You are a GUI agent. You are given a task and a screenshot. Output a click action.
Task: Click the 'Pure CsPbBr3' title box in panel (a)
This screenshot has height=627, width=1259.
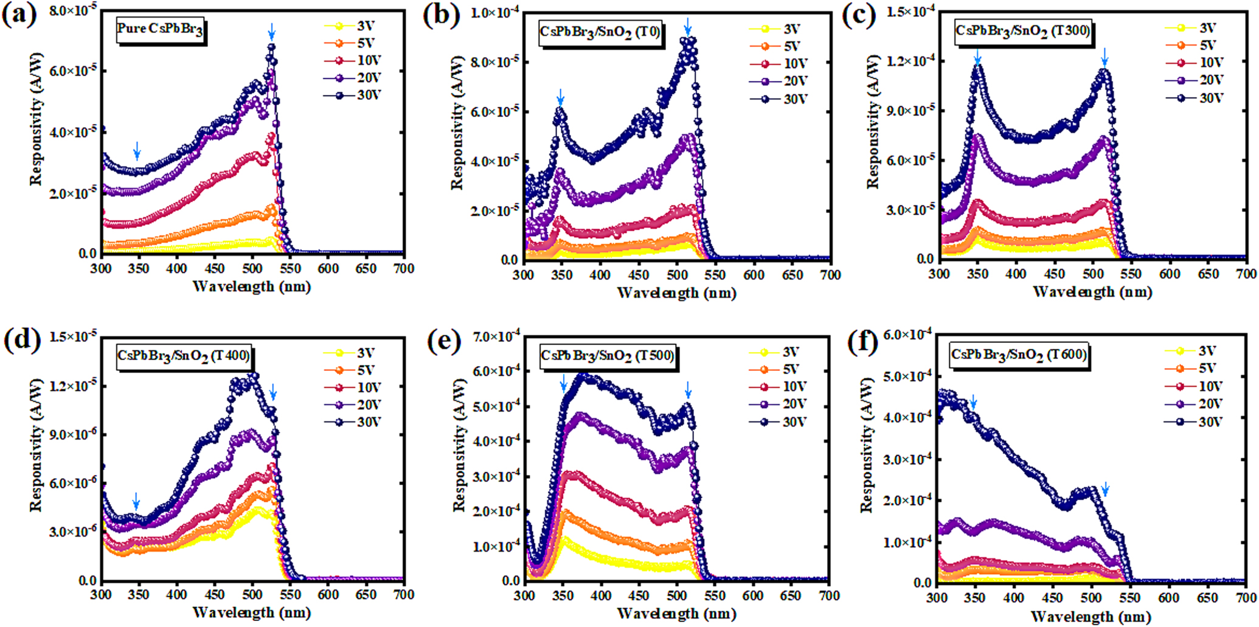coord(160,29)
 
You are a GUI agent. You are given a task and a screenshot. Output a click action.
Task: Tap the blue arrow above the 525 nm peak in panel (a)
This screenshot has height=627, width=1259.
coord(272,31)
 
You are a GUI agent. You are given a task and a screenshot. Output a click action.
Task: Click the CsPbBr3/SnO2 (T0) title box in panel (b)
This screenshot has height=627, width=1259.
coord(600,32)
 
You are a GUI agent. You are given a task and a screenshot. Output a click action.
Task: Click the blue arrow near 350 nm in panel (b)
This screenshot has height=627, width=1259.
coord(560,97)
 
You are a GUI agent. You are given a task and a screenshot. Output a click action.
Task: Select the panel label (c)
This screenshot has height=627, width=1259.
coord(858,15)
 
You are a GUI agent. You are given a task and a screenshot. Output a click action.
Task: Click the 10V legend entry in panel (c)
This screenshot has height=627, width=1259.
coord(1195,62)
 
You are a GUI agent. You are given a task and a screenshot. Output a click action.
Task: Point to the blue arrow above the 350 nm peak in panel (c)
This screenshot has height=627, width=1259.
coord(977,57)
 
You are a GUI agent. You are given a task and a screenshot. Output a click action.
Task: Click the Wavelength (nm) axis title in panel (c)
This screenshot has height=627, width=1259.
coord(1092,292)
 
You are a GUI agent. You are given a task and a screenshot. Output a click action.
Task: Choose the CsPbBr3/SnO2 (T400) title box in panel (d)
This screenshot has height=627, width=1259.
coord(184,356)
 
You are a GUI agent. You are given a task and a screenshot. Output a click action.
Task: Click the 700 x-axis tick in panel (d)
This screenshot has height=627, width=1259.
coord(404,594)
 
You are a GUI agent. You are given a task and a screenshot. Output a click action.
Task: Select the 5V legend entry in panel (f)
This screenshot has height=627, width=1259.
coord(1193,369)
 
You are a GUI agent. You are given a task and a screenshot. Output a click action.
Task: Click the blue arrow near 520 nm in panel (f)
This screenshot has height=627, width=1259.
coord(1105,489)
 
